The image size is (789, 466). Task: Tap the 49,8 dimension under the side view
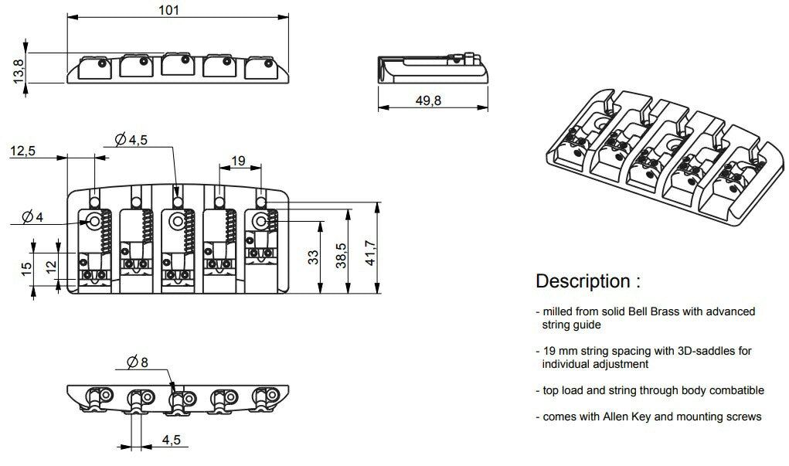[x=433, y=101]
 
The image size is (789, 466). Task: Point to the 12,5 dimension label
[x=22, y=151]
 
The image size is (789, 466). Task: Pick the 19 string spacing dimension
[x=238, y=161]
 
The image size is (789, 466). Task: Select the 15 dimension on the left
[x=26, y=268]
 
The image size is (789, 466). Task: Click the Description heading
[x=588, y=281]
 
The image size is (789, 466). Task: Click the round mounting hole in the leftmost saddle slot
[x=97, y=222]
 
